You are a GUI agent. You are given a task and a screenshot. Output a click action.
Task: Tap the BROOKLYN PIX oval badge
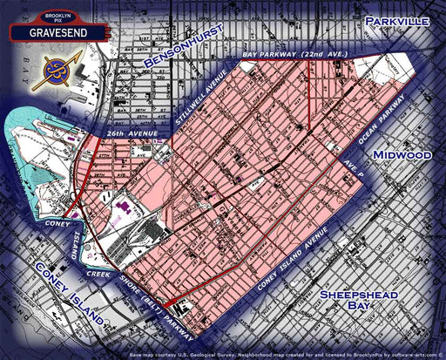click(49, 17)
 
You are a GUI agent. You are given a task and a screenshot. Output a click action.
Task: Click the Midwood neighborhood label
click(402, 154)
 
